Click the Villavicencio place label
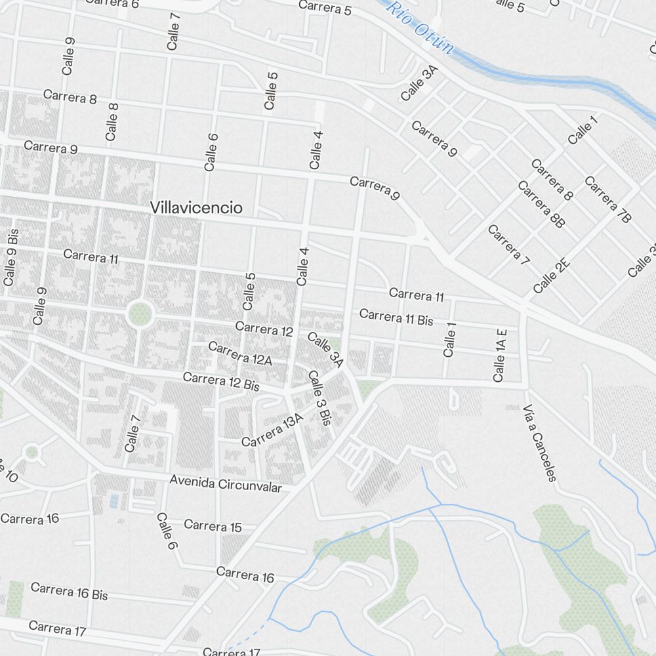(196, 208)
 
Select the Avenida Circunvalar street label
(226, 483)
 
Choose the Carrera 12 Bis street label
(221, 382)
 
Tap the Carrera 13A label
(272, 432)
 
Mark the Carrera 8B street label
(541, 205)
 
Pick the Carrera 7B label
(607, 199)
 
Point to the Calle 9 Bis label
(10, 256)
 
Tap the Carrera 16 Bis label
(69, 591)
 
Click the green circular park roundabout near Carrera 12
(140, 314)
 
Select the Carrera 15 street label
(213, 526)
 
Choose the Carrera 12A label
(239, 354)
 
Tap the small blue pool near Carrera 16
(115, 501)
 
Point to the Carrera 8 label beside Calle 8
(70, 97)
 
